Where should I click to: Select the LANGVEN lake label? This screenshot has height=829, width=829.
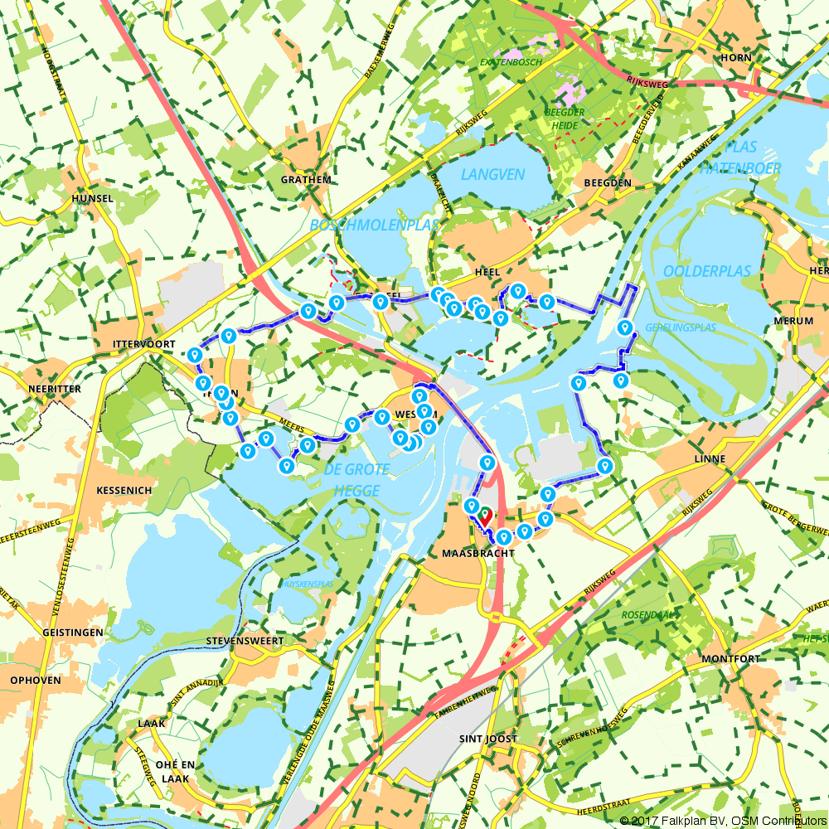pos(493,174)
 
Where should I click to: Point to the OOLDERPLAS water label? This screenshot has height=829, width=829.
pos(706,271)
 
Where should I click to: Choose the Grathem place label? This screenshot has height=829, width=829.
pos(306,179)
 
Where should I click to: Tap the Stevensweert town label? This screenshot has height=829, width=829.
pos(245,641)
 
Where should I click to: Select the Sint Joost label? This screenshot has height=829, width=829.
pos(487,739)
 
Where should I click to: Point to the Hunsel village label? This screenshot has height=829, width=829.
pos(92,199)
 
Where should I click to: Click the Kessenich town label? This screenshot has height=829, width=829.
pos(124,490)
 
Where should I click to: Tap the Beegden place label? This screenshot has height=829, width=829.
pos(608,182)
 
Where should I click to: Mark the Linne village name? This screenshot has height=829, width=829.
pos(711,458)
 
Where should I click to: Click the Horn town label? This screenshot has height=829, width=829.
pos(736,58)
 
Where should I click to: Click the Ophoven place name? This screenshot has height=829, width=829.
pos(35,680)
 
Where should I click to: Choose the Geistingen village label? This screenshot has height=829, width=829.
pos(72,633)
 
